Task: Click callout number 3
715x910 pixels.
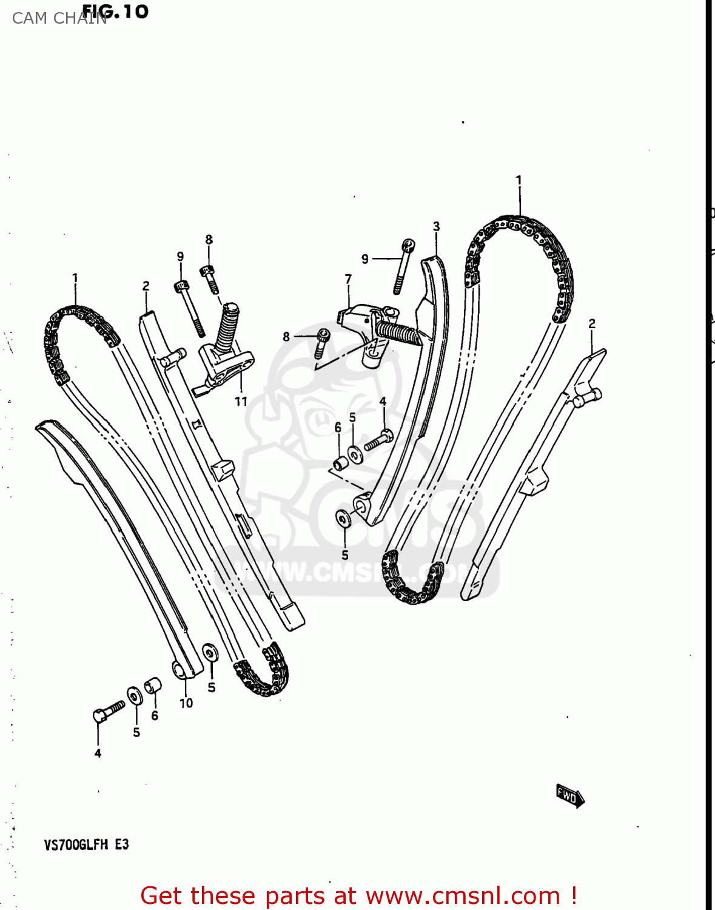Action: pyautogui.click(x=437, y=227)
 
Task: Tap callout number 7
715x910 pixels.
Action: pyautogui.click(x=348, y=279)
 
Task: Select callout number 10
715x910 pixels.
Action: pyautogui.click(x=186, y=703)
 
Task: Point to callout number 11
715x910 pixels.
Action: pyautogui.click(x=241, y=401)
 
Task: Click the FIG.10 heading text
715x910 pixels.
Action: pyautogui.click(x=115, y=11)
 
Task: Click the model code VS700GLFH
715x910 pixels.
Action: pyautogui.click(x=76, y=844)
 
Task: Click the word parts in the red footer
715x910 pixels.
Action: pyautogui.click(x=295, y=895)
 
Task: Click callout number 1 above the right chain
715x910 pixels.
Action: pyautogui.click(x=519, y=180)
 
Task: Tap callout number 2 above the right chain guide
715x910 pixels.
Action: pyautogui.click(x=592, y=324)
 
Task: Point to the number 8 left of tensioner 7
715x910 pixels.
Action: pyautogui.click(x=286, y=337)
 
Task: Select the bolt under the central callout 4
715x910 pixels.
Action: pyautogui.click(x=378, y=440)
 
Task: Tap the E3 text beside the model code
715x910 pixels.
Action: pyautogui.click(x=122, y=844)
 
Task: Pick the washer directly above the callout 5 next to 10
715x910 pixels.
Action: pyautogui.click(x=210, y=653)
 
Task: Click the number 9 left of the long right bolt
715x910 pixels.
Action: pyautogui.click(x=364, y=259)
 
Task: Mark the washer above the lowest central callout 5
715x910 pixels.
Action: pyautogui.click(x=343, y=519)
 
